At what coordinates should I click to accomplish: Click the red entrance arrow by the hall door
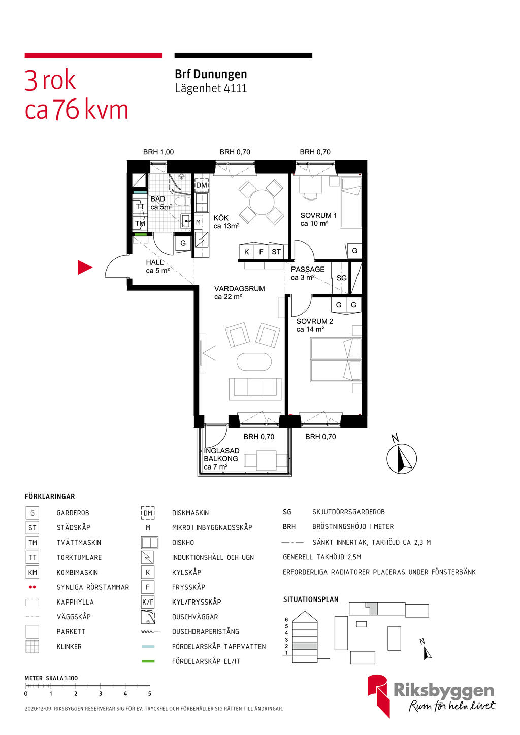[x=84, y=267]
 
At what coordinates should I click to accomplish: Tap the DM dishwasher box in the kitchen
[x=202, y=185]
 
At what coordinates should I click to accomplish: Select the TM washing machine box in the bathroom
[x=140, y=224]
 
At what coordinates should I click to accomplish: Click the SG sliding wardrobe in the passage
[x=341, y=278]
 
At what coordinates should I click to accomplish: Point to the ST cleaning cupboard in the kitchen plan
[x=276, y=252]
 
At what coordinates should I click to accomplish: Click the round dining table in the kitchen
[x=262, y=202]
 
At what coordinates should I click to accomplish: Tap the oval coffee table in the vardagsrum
[x=254, y=361]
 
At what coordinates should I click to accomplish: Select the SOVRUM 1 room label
[x=318, y=215]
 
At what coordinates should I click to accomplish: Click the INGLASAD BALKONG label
[x=221, y=455]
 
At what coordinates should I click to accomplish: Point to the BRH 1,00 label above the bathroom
[x=158, y=152]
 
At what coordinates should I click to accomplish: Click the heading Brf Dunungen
[x=211, y=74]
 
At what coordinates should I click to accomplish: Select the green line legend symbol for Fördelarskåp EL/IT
[x=148, y=661]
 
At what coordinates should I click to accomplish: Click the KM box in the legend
[x=32, y=572]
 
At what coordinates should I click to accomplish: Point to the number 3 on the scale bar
[x=101, y=694]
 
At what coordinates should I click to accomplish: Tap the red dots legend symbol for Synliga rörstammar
[x=32, y=587]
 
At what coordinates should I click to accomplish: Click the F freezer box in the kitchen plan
[x=262, y=252]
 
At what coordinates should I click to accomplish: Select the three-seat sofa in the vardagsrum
[x=255, y=389]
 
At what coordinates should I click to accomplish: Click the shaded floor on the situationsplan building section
[x=305, y=646]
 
